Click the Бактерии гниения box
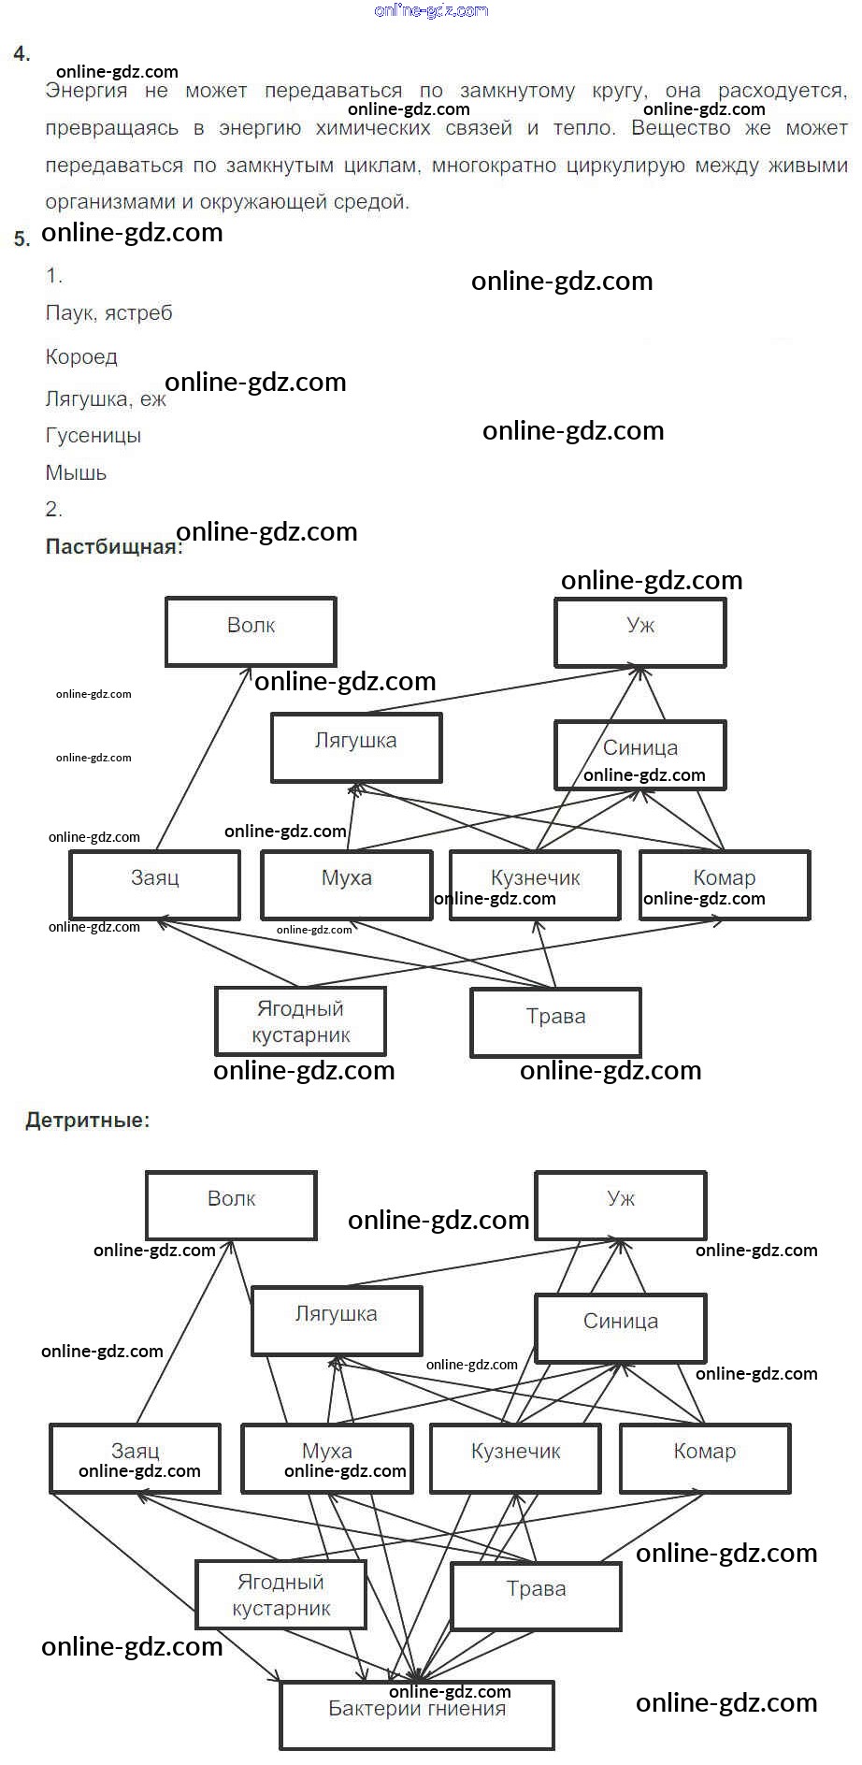coord(417,1714)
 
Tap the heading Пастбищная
coord(114,547)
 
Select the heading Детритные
coord(87,1120)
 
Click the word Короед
coord(81,356)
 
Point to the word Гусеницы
coord(93,435)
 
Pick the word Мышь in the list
coord(76,472)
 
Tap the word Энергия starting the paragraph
coord(86,91)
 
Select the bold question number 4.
coord(22,54)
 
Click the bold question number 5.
coord(22,239)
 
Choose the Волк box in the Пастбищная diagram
coord(251,631)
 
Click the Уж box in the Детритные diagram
coord(620,1205)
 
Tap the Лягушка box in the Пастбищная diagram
coord(356,747)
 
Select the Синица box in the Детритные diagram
coord(620,1327)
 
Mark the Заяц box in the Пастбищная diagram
coord(154,884)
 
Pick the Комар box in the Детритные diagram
coord(705,1457)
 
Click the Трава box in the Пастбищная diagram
coord(555,1022)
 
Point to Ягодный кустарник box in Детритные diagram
coord(280,1594)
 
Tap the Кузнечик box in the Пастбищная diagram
coord(535,884)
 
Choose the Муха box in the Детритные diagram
coord(326,1457)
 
